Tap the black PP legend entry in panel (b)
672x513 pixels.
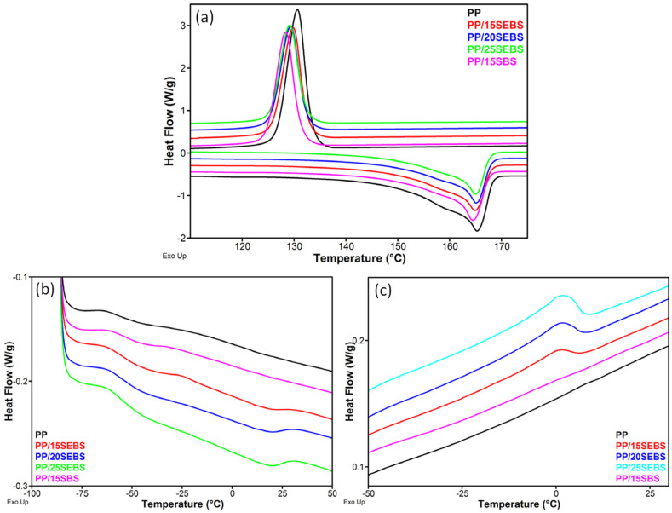click(x=41, y=434)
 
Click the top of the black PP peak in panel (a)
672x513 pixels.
click(x=296, y=10)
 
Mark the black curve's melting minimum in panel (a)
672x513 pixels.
click(x=477, y=231)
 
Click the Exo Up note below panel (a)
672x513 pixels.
click(x=175, y=256)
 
